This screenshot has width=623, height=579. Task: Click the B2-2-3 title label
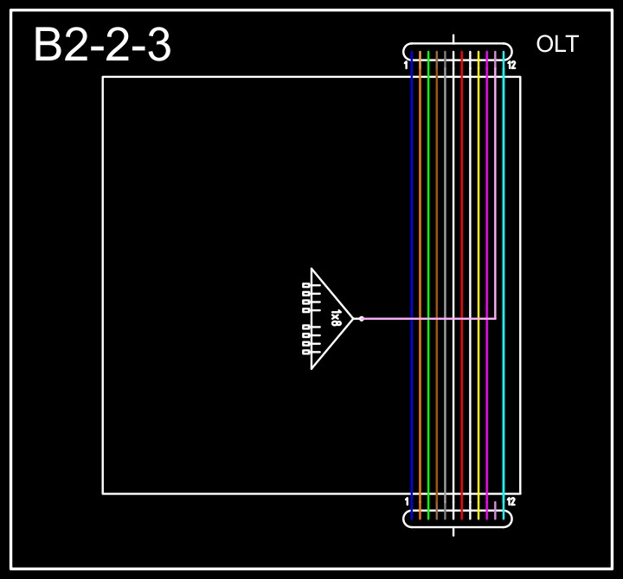(102, 46)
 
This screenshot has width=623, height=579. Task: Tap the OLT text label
(557, 45)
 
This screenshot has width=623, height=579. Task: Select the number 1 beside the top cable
(406, 65)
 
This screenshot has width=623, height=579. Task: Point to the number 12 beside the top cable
(511, 65)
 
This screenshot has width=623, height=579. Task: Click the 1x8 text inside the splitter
(336, 319)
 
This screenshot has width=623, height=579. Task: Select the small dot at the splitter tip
(361, 319)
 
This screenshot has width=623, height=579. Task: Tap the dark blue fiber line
(412, 216)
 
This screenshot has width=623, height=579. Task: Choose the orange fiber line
(420, 216)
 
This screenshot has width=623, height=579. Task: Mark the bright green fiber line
(428, 216)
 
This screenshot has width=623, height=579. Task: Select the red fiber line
(462, 216)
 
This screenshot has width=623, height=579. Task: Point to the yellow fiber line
(478, 216)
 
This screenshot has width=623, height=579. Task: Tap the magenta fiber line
(487, 216)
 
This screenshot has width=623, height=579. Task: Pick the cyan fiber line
(504, 216)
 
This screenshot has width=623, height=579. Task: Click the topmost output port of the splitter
(306, 285)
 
